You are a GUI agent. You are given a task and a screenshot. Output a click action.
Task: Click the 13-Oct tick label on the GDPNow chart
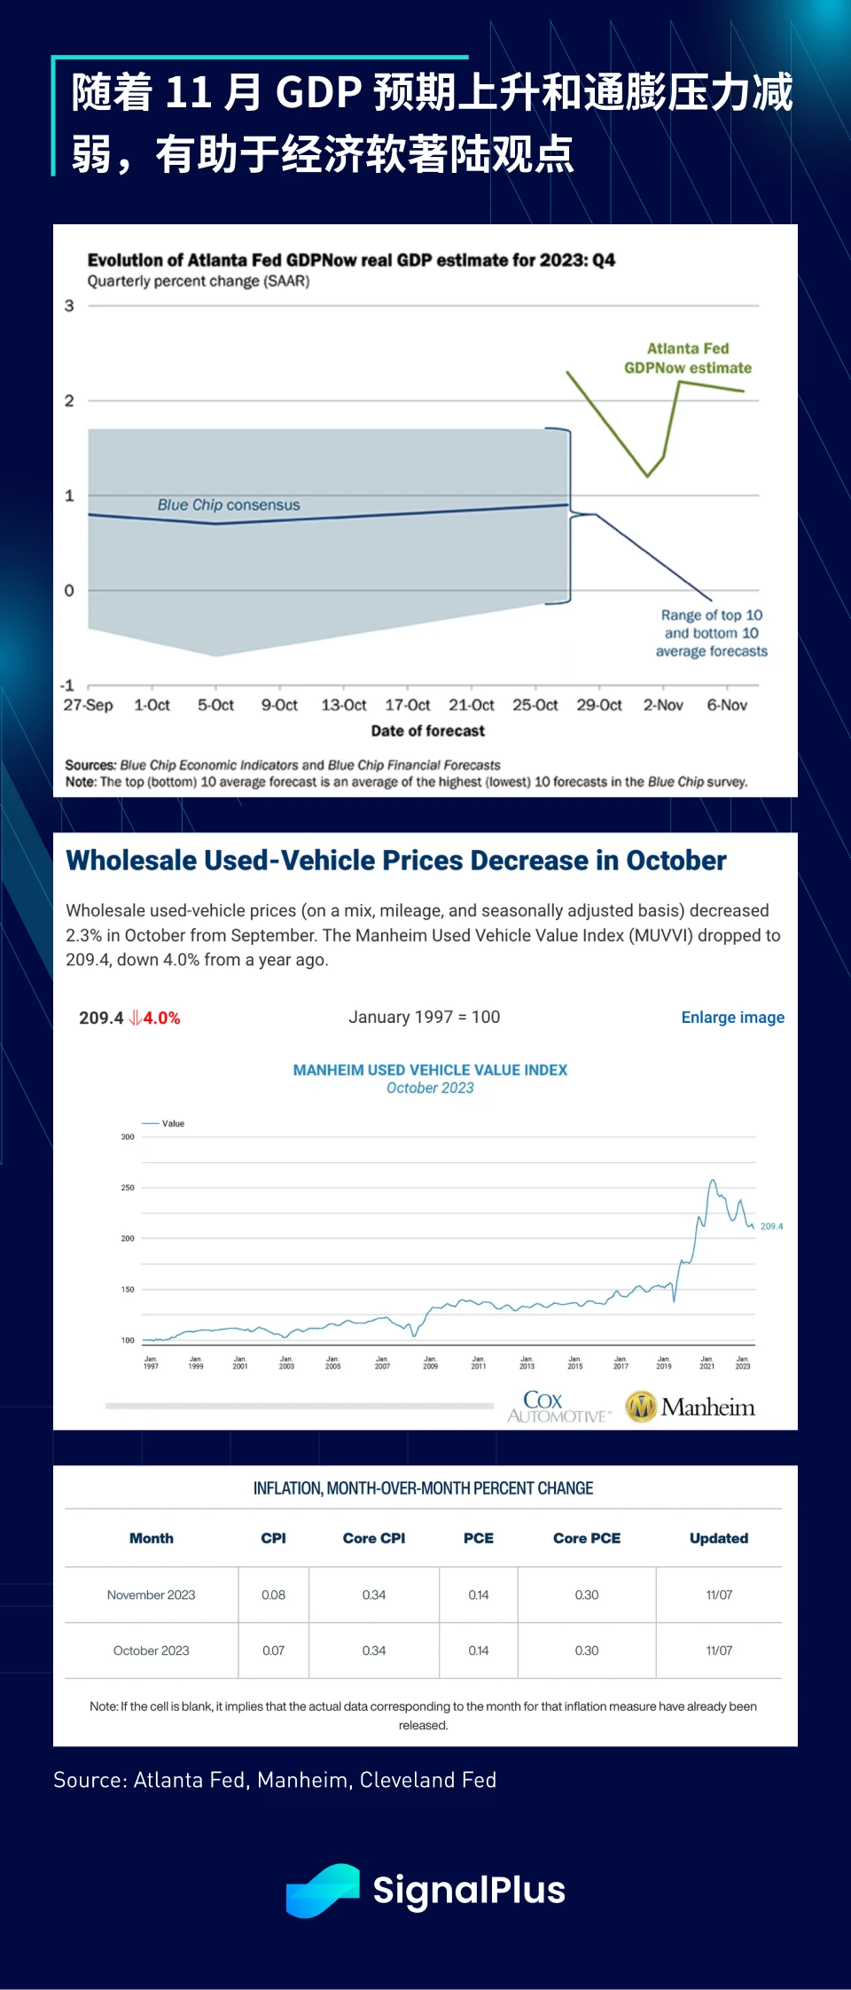pyautogui.click(x=343, y=706)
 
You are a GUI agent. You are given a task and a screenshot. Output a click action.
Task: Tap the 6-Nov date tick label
pyautogui.click(x=727, y=706)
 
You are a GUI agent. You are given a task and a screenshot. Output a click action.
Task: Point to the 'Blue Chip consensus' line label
pyautogui.click(x=229, y=505)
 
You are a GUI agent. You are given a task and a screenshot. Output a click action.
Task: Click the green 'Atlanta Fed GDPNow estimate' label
pyautogui.click(x=688, y=358)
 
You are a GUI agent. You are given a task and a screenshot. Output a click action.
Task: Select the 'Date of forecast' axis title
pyautogui.click(x=427, y=731)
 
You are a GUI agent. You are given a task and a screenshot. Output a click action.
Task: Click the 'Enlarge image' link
pyautogui.click(x=732, y=1018)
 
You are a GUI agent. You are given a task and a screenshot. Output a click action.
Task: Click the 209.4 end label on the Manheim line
pyautogui.click(x=771, y=1227)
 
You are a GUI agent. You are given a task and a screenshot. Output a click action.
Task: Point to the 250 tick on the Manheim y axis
pyautogui.click(x=128, y=1188)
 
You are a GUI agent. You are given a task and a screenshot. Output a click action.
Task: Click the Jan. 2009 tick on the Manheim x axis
pyautogui.click(x=430, y=1362)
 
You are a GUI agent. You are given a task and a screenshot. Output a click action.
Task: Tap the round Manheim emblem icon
pyautogui.click(x=641, y=1407)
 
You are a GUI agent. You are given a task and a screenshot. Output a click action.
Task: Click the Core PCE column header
pyautogui.click(x=587, y=1539)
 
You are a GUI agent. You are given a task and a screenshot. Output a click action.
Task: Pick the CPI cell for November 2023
pyautogui.click(x=273, y=1596)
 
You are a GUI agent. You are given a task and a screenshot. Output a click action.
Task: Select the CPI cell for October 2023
pyautogui.click(x=273, y=1651)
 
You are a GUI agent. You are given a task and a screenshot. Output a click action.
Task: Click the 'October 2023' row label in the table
pyautogui.click(x=152, y=1651)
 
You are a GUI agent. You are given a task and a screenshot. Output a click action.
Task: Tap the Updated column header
pyautogui.click(x=719, y=1539)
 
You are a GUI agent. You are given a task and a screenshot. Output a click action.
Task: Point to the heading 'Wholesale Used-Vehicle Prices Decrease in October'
pyautogui.click(x=396, y=861)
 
